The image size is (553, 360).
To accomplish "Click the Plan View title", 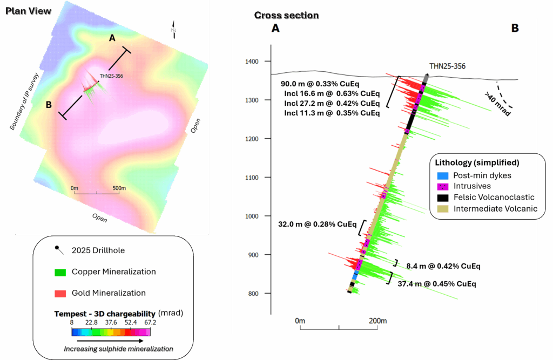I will point(29,11).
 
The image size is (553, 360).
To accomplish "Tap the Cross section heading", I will point(286,15).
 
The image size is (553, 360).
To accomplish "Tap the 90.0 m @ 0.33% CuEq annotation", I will point(320,84).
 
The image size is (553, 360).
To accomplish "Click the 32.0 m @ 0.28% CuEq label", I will point(318,224).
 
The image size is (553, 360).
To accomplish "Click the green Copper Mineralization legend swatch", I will point(60,272).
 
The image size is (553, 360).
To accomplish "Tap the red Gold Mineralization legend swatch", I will point(60,293).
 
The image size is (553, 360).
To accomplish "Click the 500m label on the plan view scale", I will point(119,188).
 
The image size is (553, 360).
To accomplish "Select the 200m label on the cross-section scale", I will point(377,321).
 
